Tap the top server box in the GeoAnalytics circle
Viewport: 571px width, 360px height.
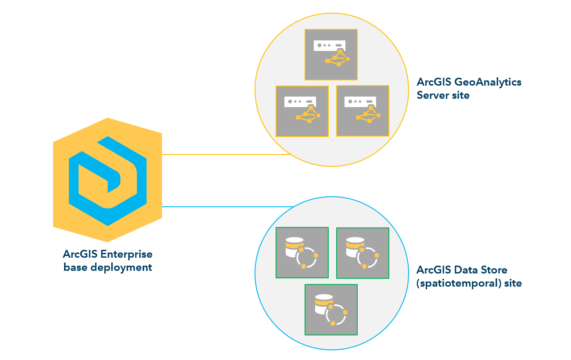(x=331, y=54)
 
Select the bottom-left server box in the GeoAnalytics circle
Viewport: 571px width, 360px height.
(x=302, y=111)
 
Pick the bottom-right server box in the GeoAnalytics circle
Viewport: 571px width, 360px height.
(x=363, y=111)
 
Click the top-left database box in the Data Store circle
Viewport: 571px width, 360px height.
(x=302, y=252)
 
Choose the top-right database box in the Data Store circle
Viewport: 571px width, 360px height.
(x=363, y=253)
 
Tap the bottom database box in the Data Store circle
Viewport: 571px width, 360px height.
(x=331, y=310)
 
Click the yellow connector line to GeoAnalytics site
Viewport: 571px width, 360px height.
(x=226, y=155)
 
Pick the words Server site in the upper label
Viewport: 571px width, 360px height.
(x=443, y=95)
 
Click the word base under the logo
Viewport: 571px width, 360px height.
(x=75, y=267)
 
